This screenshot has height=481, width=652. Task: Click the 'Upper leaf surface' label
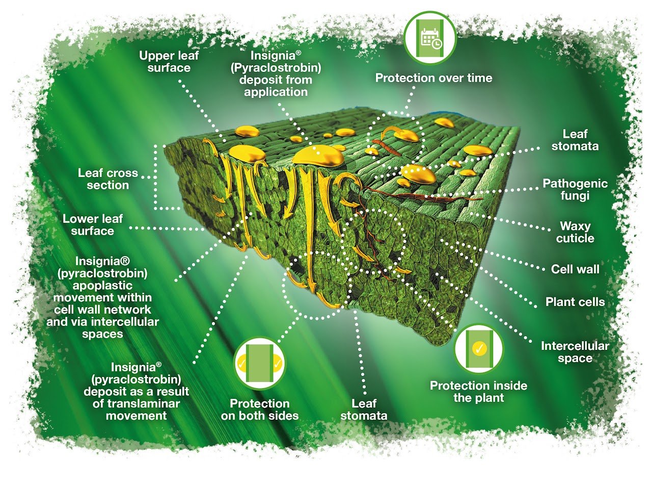pos(169,62)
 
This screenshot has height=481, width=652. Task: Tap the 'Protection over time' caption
pos(433,78)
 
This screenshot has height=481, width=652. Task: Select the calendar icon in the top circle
pos(430,38)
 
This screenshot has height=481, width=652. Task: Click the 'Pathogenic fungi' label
pos(575,189)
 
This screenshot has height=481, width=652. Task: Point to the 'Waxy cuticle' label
pos(575,232)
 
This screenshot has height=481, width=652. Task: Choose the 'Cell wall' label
pos(575,269)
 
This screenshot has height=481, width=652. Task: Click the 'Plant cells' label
pos(575,302)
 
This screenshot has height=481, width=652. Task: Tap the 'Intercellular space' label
pos(575,352)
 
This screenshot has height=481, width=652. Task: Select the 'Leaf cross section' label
pos(107,179)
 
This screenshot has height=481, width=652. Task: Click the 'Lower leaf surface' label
pos(93,225)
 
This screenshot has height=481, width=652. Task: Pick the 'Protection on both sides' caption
pos(260,410)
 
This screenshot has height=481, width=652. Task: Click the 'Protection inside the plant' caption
pos(478,392)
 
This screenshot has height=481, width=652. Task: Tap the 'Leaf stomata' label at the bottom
pos(364,410)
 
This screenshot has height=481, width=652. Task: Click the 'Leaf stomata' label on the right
pos(575,140)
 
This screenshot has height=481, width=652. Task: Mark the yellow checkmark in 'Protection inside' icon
pos(479,348)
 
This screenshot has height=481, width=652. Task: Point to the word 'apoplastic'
pos(102,286)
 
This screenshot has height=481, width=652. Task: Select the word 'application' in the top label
pos(276,92)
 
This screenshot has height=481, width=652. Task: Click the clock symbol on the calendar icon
pos(437,44)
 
